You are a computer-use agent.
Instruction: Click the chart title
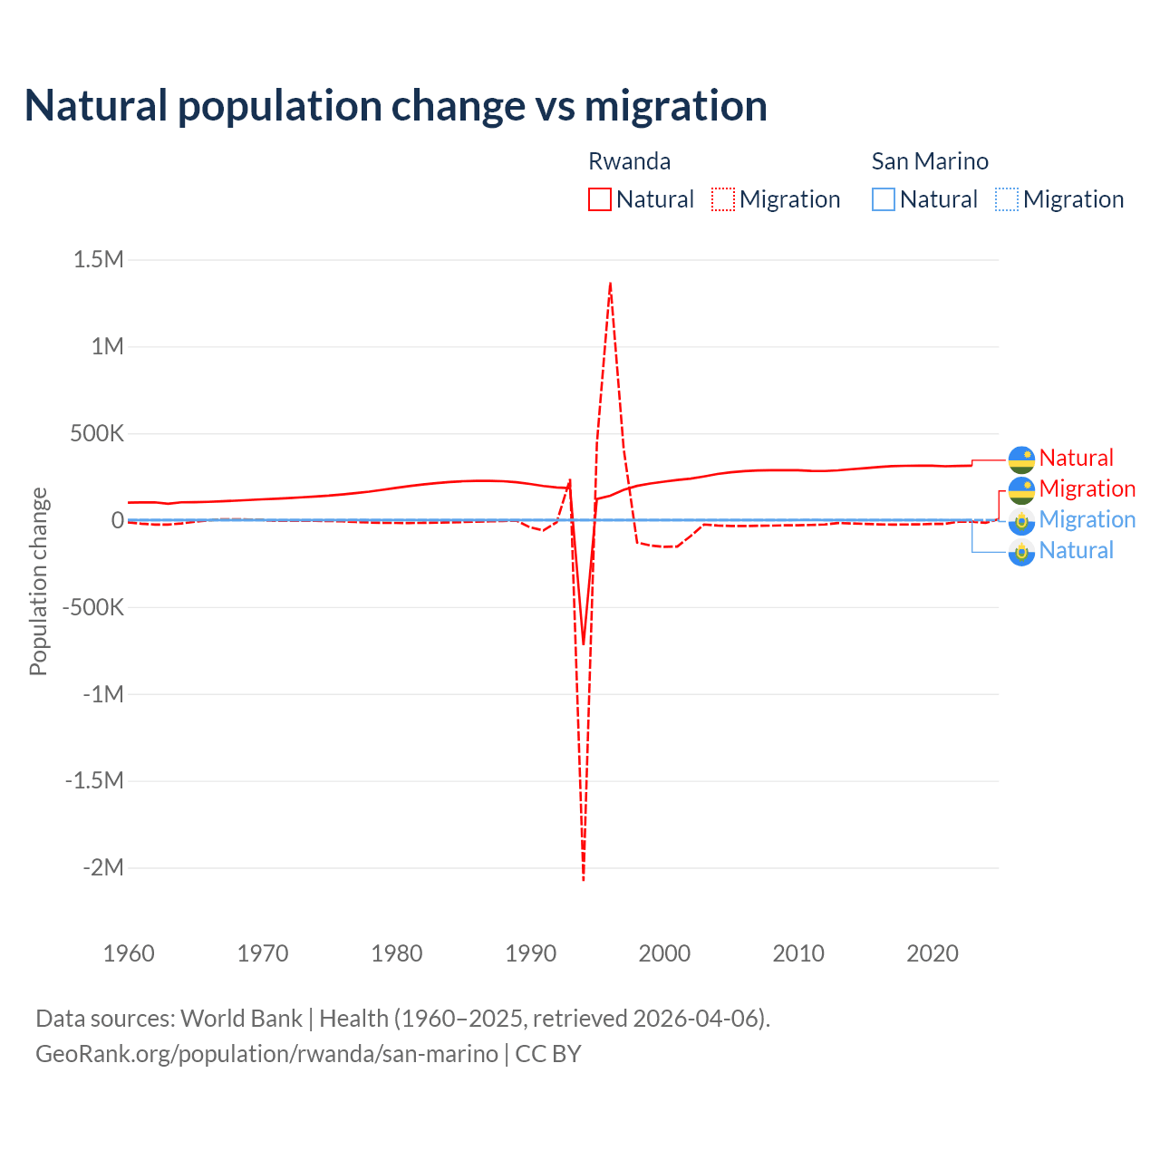[x=396, y=106]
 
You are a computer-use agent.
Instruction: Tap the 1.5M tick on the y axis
[x=98, y=260]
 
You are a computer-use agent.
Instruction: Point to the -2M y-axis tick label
[x=102, y=868]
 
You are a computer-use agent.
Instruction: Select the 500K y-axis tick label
[x=96, y=433]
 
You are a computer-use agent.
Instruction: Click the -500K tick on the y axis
[x=92, y=607]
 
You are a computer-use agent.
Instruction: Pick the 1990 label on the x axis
[x=531, y=953]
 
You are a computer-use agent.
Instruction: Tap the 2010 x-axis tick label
[x=798, y=953]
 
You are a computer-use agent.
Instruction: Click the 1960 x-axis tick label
[x=130, y=953]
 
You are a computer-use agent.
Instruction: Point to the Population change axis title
[x=38, y=582]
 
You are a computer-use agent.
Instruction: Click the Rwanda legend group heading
[x=630, y=161]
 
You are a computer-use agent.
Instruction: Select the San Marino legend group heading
[x=930, y=161]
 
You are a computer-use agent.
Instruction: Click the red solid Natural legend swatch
[x=600, y=199]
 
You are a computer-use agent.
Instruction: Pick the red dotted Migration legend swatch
[x=723, y=199]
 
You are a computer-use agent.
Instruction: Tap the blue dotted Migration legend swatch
[x=1007, y=199]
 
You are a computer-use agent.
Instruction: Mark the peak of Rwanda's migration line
[x=610, y=284]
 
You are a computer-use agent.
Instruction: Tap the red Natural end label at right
[x=1076, y=458]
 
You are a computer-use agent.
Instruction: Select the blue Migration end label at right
[x=1087, y=519]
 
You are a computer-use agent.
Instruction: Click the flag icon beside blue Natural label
[x=1021, y=551]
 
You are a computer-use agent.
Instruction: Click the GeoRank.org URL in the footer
[x=266, y=1054]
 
